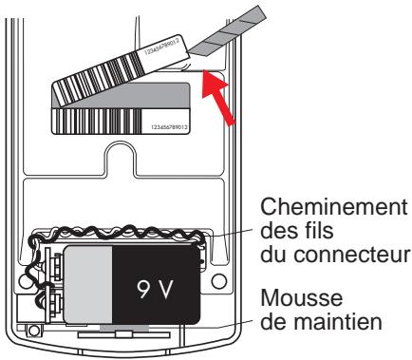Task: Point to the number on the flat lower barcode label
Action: pos(170,125)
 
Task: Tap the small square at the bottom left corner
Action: pos(33,330)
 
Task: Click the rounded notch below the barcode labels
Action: pos(125,158)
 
